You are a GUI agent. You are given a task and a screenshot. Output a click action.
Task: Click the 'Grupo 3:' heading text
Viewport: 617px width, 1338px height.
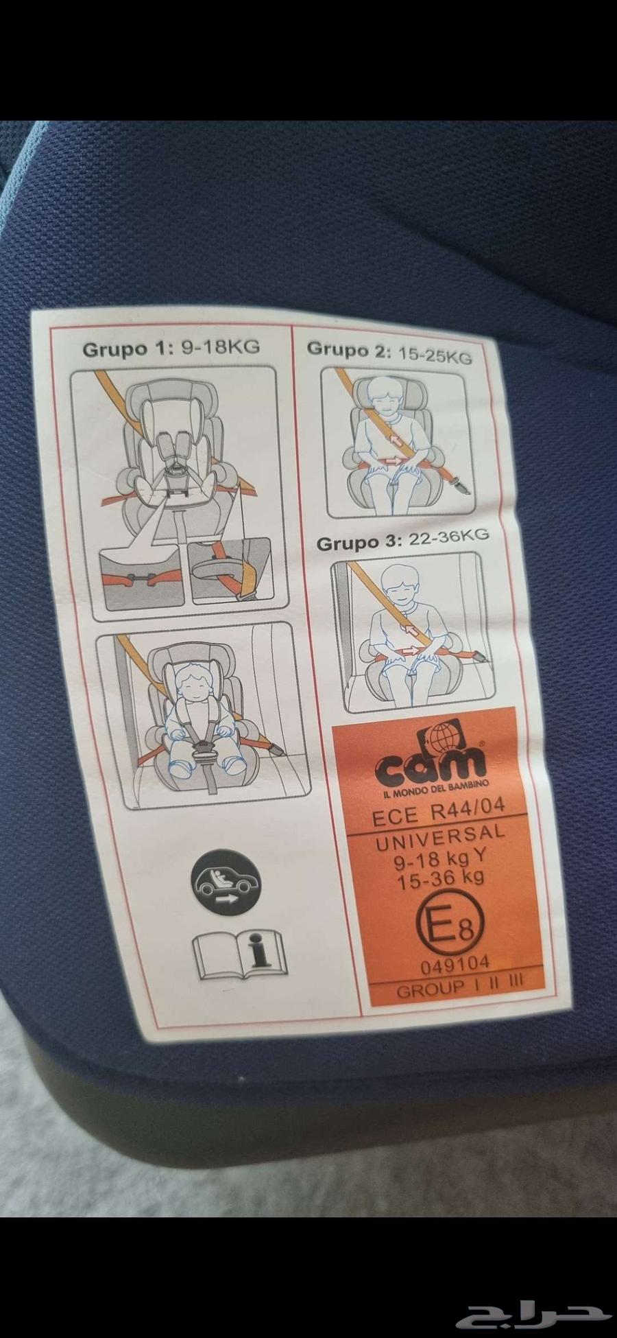tap(358, 541)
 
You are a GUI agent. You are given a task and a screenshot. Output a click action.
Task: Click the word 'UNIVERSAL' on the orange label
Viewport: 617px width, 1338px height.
tap(439, 838)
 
